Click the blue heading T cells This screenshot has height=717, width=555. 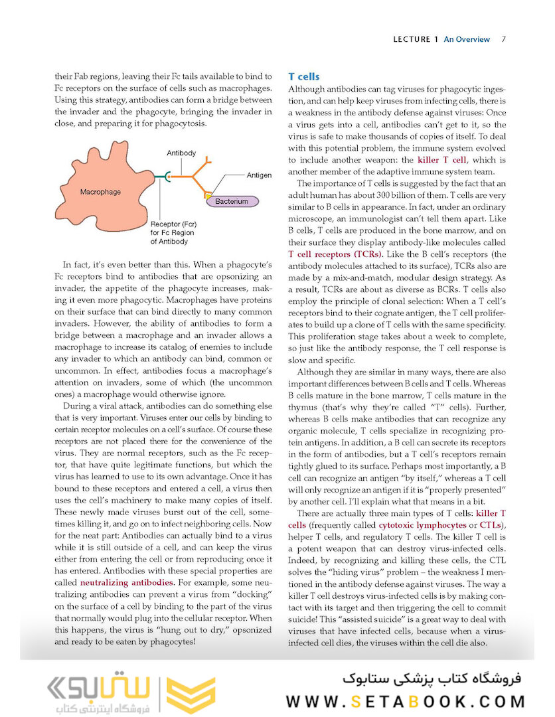pyautogui.click(x=304, y=77)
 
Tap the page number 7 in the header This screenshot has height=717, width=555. pyautogui.click(x=504, y=39)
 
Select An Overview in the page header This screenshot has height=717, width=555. pyautogui.click(x=467, y=39)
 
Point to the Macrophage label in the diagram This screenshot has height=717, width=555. pyautogui.click(x=100, y=192)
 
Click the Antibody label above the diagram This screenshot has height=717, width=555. pyautogui.click(x=181, y=153)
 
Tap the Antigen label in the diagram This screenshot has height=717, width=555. pyautogui.click(x=259, y=175)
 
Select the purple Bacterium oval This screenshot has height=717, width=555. pyautogui.click(x=231, y=201)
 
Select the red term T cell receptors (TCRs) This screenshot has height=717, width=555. pyautogui.click(x=335, y=254)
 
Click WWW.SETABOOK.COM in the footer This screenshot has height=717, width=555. pyautogui.click(x=406, y=701)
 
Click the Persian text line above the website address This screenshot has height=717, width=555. pyautogui.click(x=431, y=678)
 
